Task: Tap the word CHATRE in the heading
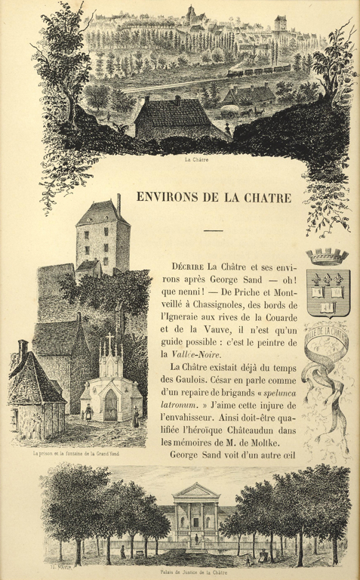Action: (x=265, y=198)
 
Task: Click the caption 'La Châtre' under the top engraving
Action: (x=195, y=160)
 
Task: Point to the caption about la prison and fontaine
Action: (x=72, y=455)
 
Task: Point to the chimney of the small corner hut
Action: (x=23, y=349)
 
